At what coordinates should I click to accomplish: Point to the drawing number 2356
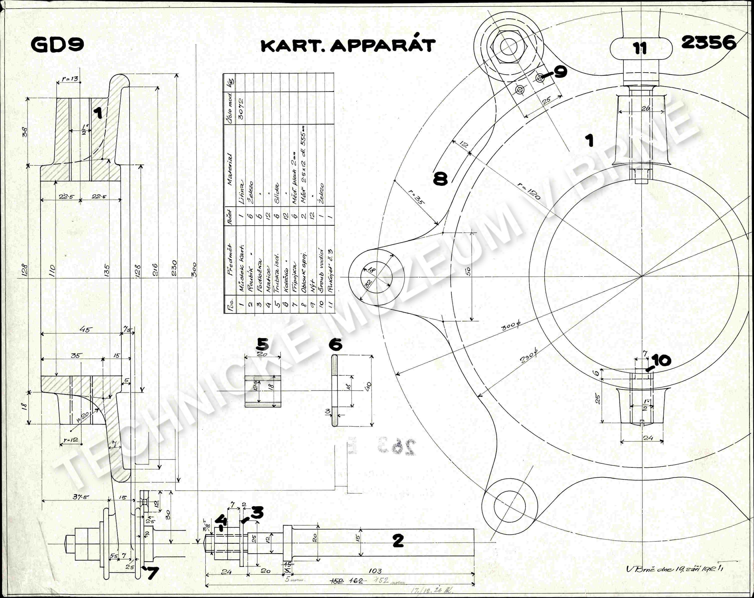click(x=708, y=43)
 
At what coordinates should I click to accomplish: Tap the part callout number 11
click(x=640, y=48)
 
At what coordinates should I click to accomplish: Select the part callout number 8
click(x=440, y=179)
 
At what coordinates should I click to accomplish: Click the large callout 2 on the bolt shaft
click(x=398, y=541)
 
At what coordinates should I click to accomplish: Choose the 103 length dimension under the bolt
click(x=375, y=571)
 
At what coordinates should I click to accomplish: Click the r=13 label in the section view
click(x=70, y=79)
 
